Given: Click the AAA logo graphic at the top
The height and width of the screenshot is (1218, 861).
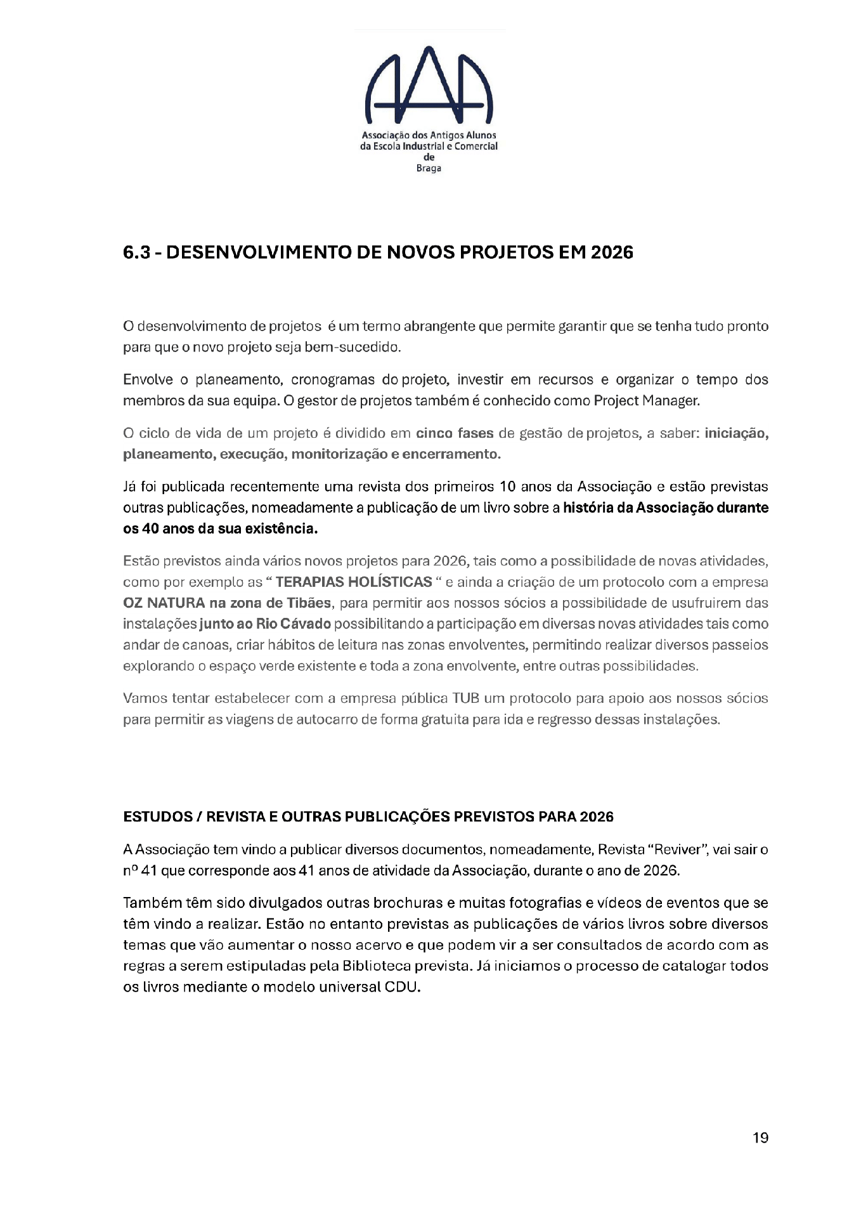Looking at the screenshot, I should tap(429, 85).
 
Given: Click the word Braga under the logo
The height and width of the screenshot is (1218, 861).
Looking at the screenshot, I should tap(429, 169).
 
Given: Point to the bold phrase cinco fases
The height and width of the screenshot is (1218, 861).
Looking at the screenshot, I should tap(455, 433).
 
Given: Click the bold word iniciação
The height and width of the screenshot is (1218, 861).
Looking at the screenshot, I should tap(736, 433).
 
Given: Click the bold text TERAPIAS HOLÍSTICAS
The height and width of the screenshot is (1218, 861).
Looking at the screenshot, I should tap(354, 582).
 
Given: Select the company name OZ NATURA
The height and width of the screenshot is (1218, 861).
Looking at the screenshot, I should tap(164, 603).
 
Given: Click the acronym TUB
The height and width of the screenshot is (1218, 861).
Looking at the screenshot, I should tap(465, 698).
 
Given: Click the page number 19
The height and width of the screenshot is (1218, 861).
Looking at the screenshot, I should tap(760, 1138).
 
